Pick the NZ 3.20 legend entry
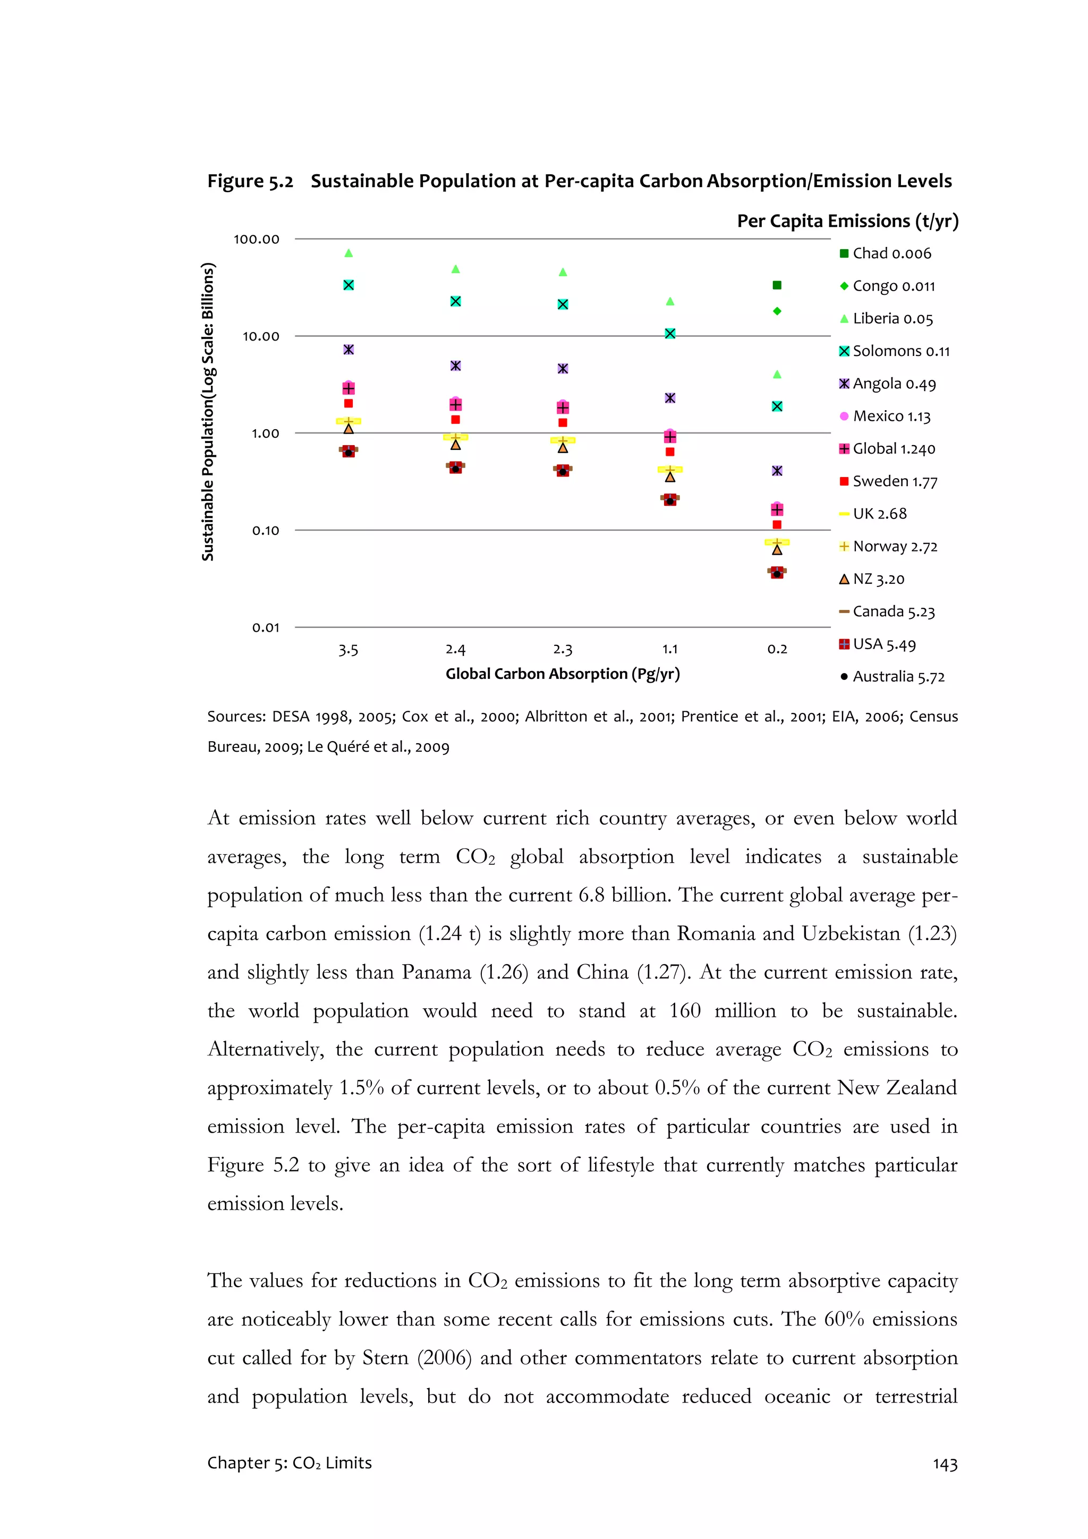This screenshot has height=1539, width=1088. [x=878, y=579]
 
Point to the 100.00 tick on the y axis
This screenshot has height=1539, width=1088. [x=256, y=239]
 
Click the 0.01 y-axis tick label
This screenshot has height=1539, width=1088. [x=266, y=627]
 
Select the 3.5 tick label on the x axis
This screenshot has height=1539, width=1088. [x=348, y=650]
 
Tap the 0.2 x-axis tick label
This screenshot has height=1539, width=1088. [x=777, y=649]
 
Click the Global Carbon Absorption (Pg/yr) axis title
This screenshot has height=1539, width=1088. [x=563, y=674]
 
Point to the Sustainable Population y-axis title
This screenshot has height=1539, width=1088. [x=208, y=412]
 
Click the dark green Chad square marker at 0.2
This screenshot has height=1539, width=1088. [x=777, y=286]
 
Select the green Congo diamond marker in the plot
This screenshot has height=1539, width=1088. [x=777, y=311]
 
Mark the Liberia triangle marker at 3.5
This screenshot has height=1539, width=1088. [x=348, y=253]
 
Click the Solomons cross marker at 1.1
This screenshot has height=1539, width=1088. [x=670, y=334]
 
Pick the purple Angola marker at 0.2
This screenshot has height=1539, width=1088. [x=777, y=471]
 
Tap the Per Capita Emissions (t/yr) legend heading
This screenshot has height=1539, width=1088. [x=847, y=221]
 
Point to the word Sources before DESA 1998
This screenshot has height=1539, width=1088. [x=236, y=717]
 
